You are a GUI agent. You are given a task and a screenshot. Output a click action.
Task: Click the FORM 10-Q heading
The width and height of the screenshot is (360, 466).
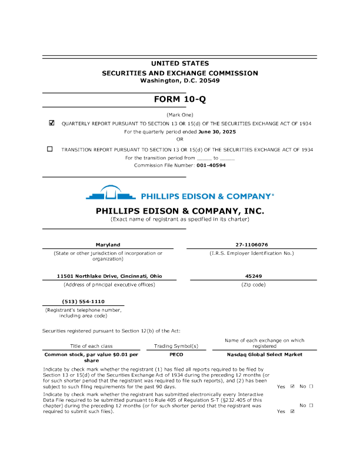(179, 99)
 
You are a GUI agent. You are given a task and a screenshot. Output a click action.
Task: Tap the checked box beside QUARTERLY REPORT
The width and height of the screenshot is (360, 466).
(51, 124)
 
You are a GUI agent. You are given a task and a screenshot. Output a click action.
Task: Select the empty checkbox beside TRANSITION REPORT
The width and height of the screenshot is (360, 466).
(50, 149)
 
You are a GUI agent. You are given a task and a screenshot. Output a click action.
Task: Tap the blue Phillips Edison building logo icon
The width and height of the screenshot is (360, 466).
(111, 194)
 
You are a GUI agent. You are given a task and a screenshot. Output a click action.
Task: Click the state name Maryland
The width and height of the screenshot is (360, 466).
(108, 244)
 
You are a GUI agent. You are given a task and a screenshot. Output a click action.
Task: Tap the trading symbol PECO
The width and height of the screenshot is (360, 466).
(176, 355)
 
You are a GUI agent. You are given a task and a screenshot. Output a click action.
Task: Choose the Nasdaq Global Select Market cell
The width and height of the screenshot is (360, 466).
(264, 355)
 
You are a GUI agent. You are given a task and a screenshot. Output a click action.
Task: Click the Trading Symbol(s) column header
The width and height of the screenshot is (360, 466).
(176, 346)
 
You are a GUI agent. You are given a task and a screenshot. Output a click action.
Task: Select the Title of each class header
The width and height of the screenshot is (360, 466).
(91, 346)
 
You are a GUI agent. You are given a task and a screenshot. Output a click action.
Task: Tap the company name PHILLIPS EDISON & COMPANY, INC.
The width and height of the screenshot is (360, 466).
(179, 211)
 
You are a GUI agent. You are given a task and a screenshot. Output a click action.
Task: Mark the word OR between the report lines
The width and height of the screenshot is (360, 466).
(180, 139)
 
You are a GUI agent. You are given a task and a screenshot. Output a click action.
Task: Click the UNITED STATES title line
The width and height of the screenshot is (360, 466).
(179, 64)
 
